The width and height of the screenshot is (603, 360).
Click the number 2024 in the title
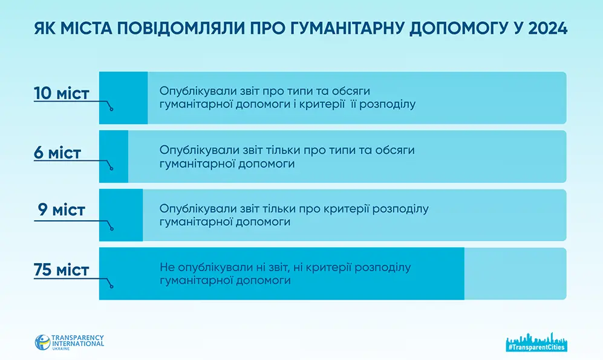[x=547, y=28]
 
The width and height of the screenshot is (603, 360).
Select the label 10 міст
[x=62, y=93]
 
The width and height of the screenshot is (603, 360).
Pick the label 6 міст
[x=57, y=152]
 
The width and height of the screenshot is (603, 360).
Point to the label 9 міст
[x=62, y=210]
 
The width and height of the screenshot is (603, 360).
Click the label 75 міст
[x=62, y=270]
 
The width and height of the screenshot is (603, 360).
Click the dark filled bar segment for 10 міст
[x=123, y=97]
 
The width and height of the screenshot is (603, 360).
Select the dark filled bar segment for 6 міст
[x=114, y=157]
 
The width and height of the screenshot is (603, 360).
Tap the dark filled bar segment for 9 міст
[x=121, y=215]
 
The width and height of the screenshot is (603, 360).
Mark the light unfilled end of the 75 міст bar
[x=515, y=273]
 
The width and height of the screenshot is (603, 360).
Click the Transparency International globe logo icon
[x=42, y=342]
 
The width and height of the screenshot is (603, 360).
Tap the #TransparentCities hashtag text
[x=536, y=347]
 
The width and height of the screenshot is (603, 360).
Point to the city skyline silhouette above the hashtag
[x=536, y=338]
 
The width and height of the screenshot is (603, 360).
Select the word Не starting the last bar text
[x=168, y=267]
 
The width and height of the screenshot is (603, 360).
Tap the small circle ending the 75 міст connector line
[x=111, y=286]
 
